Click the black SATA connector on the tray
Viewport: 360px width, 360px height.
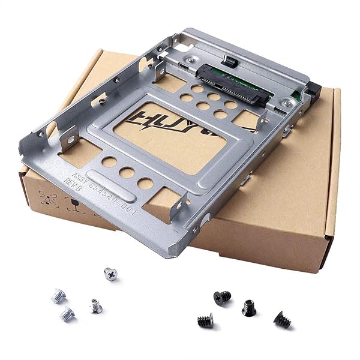click(x=232, y=83)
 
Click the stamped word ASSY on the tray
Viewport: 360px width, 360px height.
click(x=80, y=178)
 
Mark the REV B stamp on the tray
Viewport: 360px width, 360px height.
click(x=71, y=186)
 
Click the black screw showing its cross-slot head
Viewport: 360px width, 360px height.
click(x=222, y=296)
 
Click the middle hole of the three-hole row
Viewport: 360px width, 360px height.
click(x=127, y=173)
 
